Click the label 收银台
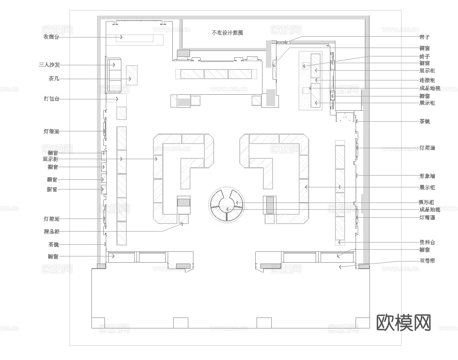pos(51,37)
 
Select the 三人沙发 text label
pos(49,65)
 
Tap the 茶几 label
pos(54,79)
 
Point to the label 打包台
pos(51,99)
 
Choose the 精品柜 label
pos(51,232)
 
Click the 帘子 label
pos(425,37)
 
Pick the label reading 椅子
pos(425,56)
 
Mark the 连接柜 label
pos(427,80)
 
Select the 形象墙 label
pos(427,175)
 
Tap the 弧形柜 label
pos(427,203)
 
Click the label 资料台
pos(427,243)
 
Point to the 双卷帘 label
pos(427,261)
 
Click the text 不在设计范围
pos(227,32)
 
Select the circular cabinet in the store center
pos(226,205)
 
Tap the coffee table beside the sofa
pos(132,75)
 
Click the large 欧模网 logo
pos(403,323)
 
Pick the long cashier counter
pos(134,39)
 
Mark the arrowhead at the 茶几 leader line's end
pos(130,79)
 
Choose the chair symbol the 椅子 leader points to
pos(305,65)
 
